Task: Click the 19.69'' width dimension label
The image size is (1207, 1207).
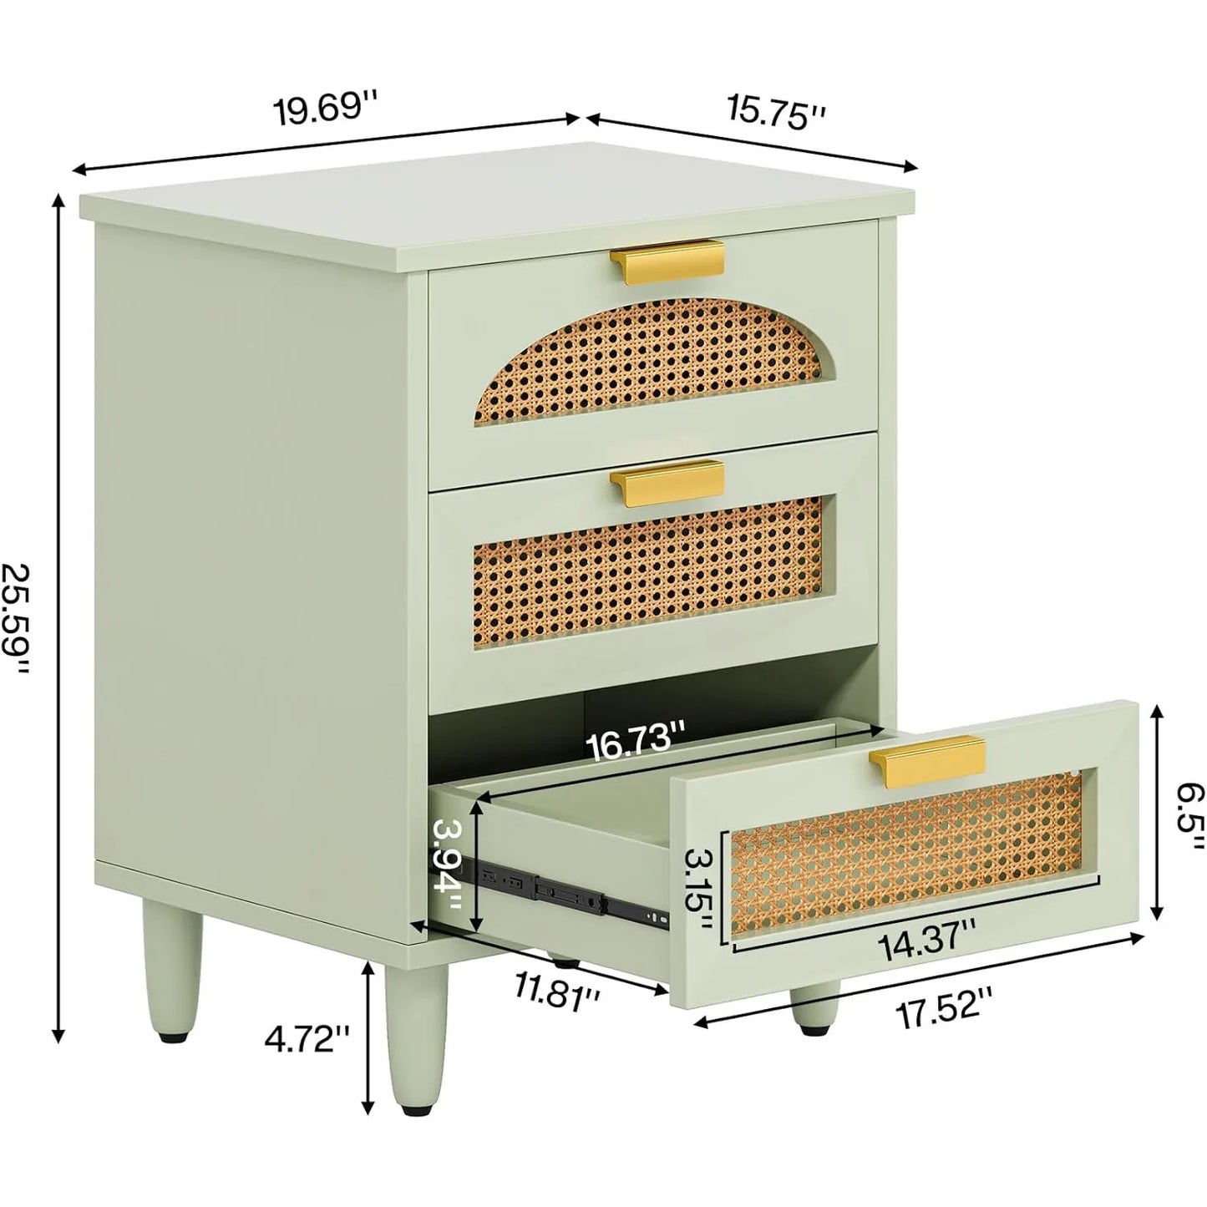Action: tap(326, 111)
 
